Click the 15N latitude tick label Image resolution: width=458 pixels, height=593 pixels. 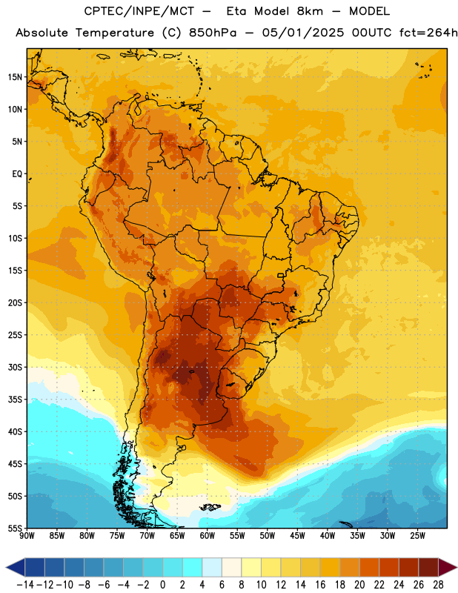coord(15,77)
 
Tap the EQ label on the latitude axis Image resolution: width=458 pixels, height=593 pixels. coord(17,174)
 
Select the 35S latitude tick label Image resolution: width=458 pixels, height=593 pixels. coord(15,400)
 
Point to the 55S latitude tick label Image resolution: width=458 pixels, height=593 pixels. coord(15,528)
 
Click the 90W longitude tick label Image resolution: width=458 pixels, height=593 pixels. coord(27,536)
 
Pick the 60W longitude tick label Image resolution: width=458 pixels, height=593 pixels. coord(208,536)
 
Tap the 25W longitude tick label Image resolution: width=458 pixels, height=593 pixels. coord(417,536)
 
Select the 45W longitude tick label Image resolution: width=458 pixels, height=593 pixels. coord(298,536)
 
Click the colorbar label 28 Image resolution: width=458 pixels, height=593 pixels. coord(438,585)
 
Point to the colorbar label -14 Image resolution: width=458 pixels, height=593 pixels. coord(25,585)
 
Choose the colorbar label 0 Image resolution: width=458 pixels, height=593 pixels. coord(162,585)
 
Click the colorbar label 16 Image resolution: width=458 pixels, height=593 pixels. coord(320,585)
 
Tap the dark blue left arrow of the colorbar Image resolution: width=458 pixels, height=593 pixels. coord(16,567)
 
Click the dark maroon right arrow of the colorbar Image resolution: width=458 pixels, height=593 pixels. coord(448,567)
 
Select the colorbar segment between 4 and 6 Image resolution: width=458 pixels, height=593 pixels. coord(212,567)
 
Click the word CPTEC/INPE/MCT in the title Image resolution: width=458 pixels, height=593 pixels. coord(139,11)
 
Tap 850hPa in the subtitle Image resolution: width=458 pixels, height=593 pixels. coord(213,33)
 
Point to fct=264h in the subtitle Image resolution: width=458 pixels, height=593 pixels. coord(428,33)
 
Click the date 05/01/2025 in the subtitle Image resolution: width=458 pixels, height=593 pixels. coord(303,33)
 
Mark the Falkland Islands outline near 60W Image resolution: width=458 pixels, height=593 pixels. coord(210,507)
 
